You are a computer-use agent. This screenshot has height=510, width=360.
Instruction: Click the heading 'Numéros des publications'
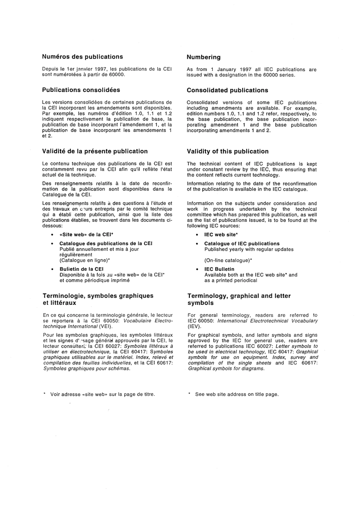coord(82,57)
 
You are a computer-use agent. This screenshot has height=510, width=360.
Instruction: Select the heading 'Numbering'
coord(203,57)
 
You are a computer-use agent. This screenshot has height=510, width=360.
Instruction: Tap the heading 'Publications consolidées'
coord(81,90)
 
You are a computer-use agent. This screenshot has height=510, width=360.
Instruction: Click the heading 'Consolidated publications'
coord(227,90)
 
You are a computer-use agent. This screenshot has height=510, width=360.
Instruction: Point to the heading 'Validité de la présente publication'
coord(95,151)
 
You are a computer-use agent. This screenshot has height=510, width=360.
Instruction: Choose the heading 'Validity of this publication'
coord(227,152)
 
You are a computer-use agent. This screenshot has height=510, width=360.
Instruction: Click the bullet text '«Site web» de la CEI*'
coord(86,235)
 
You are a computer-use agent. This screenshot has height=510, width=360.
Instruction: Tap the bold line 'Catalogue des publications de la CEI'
coord(106,243)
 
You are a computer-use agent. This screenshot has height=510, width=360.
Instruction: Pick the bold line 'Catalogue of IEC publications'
coord(242,244)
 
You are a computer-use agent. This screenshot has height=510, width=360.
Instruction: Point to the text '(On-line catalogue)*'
coord(228,260)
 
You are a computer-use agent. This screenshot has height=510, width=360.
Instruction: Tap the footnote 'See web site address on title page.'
coord(237,394)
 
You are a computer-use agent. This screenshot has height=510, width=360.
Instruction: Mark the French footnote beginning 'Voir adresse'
coord(102,394)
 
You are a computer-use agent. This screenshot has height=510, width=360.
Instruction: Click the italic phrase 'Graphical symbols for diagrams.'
coord(226,369)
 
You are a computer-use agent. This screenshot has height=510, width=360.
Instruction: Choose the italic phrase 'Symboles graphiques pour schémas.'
coord(86,369)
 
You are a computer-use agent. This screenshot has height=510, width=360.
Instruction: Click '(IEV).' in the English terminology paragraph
coord(194,326)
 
